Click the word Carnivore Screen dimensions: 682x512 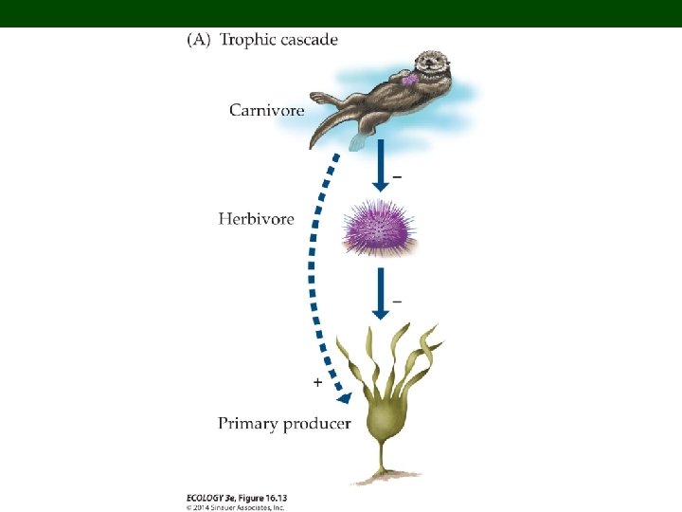266,110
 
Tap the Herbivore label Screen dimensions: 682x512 256,219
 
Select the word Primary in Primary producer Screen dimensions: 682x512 249,423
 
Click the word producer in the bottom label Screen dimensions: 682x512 317,423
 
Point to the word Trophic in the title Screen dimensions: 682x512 252,40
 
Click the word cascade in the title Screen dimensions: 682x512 310,40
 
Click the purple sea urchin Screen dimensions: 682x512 378,229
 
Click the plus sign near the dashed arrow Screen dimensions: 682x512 316,383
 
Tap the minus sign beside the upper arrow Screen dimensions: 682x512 396,176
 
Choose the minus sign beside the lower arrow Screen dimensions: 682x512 396,302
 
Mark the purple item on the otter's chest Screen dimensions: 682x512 409,81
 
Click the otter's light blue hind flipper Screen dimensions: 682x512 357,142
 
